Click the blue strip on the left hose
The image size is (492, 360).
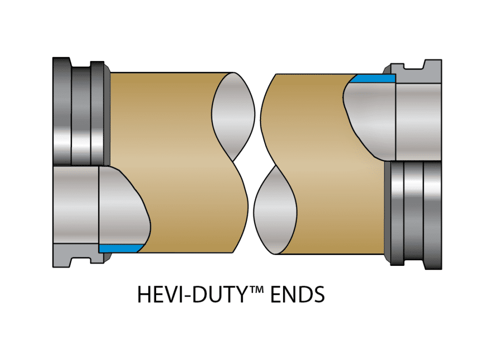click(x=120, y=248)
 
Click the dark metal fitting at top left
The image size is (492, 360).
click(x=79, y=113)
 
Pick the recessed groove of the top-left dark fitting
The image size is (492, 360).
click(x=80, y=113)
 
